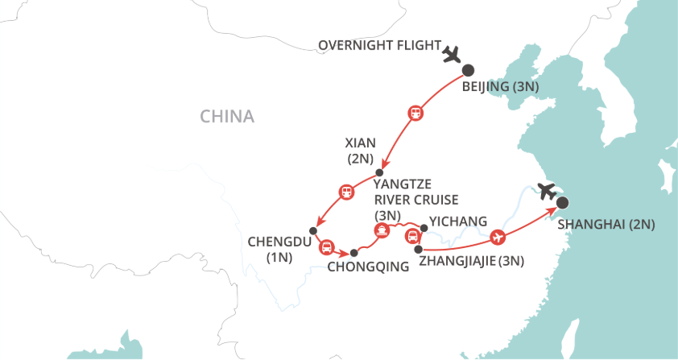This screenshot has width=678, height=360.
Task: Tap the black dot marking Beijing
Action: (466, 70)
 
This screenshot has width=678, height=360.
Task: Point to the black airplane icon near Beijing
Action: (451, 55)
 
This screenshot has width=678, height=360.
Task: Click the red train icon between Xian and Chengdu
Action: (346, 192)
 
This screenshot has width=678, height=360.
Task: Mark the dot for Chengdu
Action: (313, 232)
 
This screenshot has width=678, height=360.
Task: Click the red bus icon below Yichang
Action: (412, 236)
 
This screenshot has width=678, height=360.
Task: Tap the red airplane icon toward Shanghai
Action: (497, 238)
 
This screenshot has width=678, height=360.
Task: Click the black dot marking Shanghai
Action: (562, 204)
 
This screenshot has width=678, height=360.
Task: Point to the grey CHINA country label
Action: (227, 117)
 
